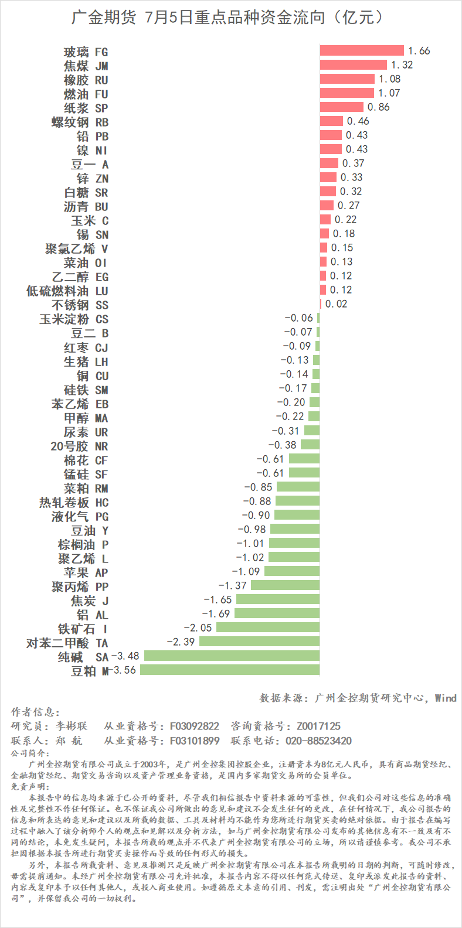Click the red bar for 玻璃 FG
[x=362, y=51]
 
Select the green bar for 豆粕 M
[x=230, y=670]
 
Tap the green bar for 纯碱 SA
[x=232, y=656]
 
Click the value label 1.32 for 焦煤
[x=402, y=65]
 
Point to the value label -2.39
[x=181, y=642]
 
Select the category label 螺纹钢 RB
[x=80, y=122]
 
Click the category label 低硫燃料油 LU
[x=67, y=291]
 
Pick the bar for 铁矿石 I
[x=268, y=627]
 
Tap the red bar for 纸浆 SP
[x=342, y=107]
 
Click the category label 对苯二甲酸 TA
[x=67, y=643]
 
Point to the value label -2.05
[x=198, y=627]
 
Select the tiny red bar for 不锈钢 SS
[x=321, y=304]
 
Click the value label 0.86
[x=378, y=107]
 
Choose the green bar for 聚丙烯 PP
[x=285, y=585]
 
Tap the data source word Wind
[x=446, y=698]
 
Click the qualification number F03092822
[x=195, y=726]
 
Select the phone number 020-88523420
[x=318, y=741]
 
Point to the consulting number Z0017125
[x=318, y=726]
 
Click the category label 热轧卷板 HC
[x=74, y=502]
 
